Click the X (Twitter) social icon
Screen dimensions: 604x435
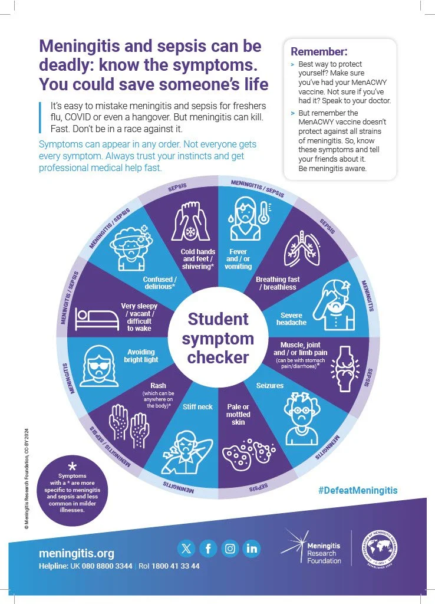pyautogui.click(x=186, y=549)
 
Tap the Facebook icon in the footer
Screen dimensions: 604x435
pyautogui.click(x=208, y=549)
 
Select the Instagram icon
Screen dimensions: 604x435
pyautogui.click(x=230, y=549)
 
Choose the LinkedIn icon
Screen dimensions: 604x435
pyautogui.click(x=252, y=549)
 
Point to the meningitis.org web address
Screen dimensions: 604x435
pyautogui.click(x=77, y=553)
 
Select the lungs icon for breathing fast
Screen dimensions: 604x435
pyautogui.click(x=301, y=245)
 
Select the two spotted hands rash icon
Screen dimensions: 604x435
pyautogui.click(x=129, y=425)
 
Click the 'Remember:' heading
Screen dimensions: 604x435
pyautogui.click(x=319, y=51)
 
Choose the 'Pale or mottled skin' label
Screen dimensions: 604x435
pyautogui.click(x=238, y=414)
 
